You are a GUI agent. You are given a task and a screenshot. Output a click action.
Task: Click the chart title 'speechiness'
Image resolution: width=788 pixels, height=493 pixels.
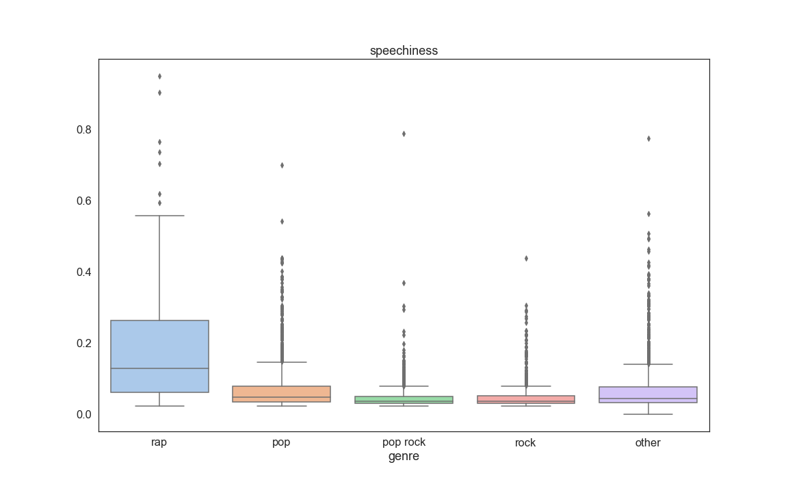pos(404,51)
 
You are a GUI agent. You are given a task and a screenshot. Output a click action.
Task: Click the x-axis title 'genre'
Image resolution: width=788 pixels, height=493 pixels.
pos(404,457)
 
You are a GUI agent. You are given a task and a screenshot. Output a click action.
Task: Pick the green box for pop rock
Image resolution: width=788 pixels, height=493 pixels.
pos(404,399)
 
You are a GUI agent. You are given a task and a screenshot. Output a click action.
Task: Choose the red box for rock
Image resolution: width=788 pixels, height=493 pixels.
pos(526,399)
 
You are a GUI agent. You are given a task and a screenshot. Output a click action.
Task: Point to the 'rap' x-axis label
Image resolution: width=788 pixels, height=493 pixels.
pos(159,442)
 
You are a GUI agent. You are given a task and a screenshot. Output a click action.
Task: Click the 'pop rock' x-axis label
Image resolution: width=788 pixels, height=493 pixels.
pos(404,442)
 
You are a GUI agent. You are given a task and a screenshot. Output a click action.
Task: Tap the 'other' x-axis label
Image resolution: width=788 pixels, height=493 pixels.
pos(648,443)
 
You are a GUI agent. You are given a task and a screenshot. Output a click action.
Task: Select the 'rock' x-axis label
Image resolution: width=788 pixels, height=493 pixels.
pos(526,443)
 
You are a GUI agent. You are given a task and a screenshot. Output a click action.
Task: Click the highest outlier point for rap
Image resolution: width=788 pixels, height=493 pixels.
pos(159,76)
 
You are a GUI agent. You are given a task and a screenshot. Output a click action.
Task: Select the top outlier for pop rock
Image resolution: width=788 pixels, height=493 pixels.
pos(404,134)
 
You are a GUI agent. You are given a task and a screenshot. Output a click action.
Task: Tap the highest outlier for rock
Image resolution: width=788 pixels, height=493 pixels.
pos(526,258)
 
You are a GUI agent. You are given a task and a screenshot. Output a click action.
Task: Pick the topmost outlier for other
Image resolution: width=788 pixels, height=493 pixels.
pos(648,138)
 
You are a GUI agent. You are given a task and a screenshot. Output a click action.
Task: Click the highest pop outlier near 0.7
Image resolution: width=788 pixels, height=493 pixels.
pos(282,165)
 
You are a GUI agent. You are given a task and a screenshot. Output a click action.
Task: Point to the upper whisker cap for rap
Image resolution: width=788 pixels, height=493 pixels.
pos(159,216)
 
